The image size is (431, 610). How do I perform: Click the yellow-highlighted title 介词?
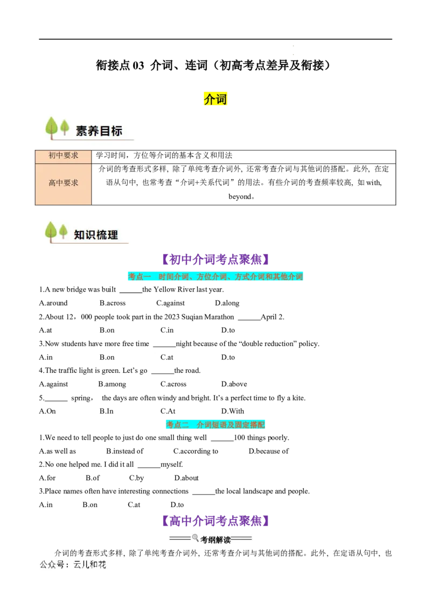pyautogui.click(x=215, y=99)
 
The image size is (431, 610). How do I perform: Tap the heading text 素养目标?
pyautogui.click(x=99, y=130)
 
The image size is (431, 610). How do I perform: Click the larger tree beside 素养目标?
pyautogui.click(x=52, y=128)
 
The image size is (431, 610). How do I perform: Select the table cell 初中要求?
pyautogui.click(x=64, y=155)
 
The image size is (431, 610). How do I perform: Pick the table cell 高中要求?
pyautogui.click(x=64, y=183)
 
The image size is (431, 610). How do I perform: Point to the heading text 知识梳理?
pyautogui.click(x=96, y=235)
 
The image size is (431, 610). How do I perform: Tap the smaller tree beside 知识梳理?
pyautogui.click(x=64, y=232)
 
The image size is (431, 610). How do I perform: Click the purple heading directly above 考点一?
pyautogui.click(x=215, y=259)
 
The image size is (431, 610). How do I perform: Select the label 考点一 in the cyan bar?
pyautogui.click(x=139, y=277)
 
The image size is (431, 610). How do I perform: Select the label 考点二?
pyautogui.click(x=177, y=425)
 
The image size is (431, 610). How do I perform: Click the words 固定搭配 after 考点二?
pyautogui.click(x=251, y=425)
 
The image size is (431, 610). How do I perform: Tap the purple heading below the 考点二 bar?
pyautogui.click(x=215, y=521)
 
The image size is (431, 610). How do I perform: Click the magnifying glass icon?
pyautogui.click(x=195, y=537)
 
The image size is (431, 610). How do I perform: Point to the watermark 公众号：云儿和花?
pyautogui.click(x=73, y=565)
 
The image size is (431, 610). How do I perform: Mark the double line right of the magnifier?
pyautogui.click(x=241, y=538)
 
